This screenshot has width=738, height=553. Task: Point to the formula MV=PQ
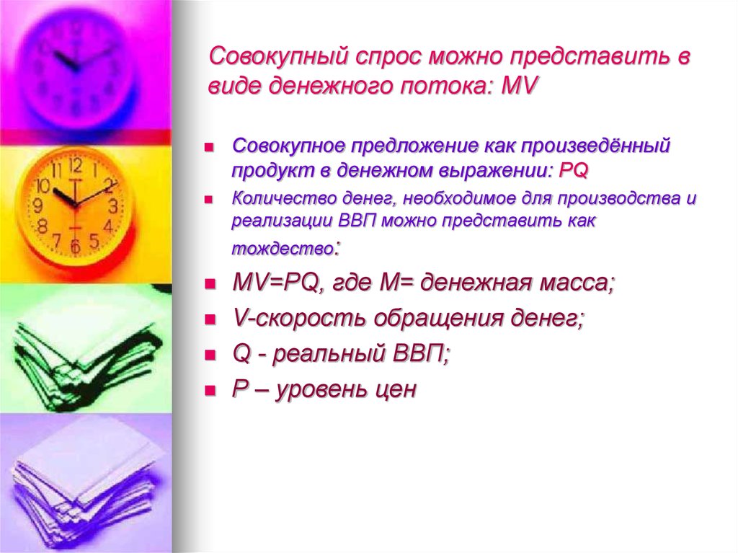(275, 284)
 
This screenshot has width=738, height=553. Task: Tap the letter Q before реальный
(240, 355)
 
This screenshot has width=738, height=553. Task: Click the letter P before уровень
(239, 390)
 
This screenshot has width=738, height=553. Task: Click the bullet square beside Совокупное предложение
(209, 147)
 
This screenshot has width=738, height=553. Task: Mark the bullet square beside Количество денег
(209, 198)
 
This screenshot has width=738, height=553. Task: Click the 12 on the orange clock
(74, 164)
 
